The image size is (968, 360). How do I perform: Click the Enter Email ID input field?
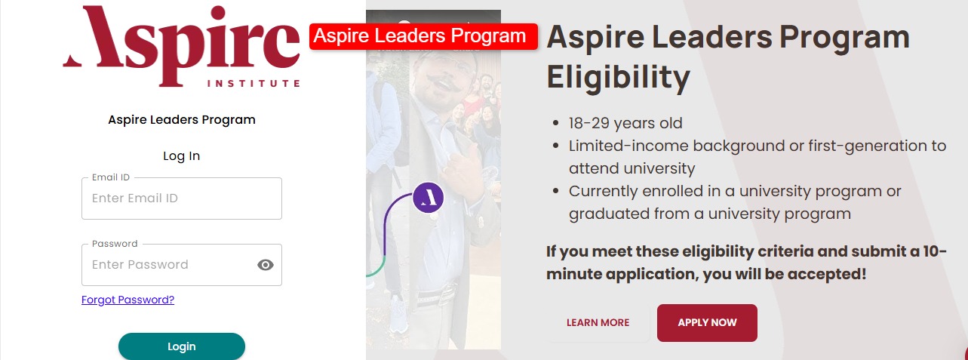click(182, 198)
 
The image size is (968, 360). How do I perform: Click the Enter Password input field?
click(168, 264)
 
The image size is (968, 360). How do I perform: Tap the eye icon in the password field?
click(266, 264)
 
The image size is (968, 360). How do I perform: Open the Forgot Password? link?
click(128, 300)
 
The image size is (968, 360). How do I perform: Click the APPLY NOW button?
click(707, 323)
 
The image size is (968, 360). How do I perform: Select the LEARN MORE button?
click(598, 323)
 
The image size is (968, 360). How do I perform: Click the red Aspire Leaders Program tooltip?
click(423, 36)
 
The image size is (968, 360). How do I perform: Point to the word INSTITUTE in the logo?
click(254, 84)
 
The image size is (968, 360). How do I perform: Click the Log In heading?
click(182, 156)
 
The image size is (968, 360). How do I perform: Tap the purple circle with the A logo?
click(428, 198)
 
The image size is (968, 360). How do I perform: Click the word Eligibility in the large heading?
click(619, 78)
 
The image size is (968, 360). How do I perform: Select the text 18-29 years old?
click(625, 123)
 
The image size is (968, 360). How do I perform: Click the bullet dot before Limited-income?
click(556, 146)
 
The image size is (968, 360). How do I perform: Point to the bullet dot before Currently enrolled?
click(556, 191)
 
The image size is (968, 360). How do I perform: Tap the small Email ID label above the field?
click(111, 177)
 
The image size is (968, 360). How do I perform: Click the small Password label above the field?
click(115, 244)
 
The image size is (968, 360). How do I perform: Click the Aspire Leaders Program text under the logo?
click(182, 120)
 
